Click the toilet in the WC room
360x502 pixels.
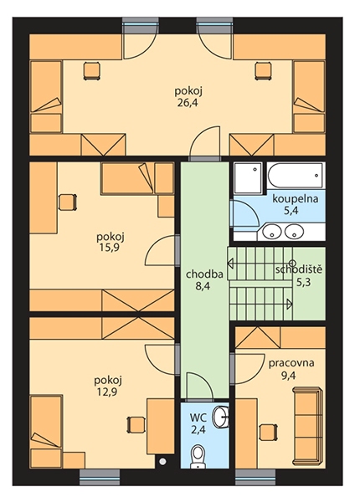point(197,454)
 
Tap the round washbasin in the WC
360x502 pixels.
point(222,416)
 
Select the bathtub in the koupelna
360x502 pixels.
point(295,175)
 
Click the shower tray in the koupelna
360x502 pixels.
point(248,177)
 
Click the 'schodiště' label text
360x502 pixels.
point(299,269)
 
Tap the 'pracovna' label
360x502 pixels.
point(291,363)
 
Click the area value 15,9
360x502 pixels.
point(111,248)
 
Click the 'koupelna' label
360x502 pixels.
point(296,199)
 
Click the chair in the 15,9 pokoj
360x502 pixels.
point(68,202)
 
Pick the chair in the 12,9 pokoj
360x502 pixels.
point(136,425)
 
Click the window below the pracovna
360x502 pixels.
point(255,479)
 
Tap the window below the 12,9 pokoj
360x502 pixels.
point(100,479)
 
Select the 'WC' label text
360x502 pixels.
point(198,417)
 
